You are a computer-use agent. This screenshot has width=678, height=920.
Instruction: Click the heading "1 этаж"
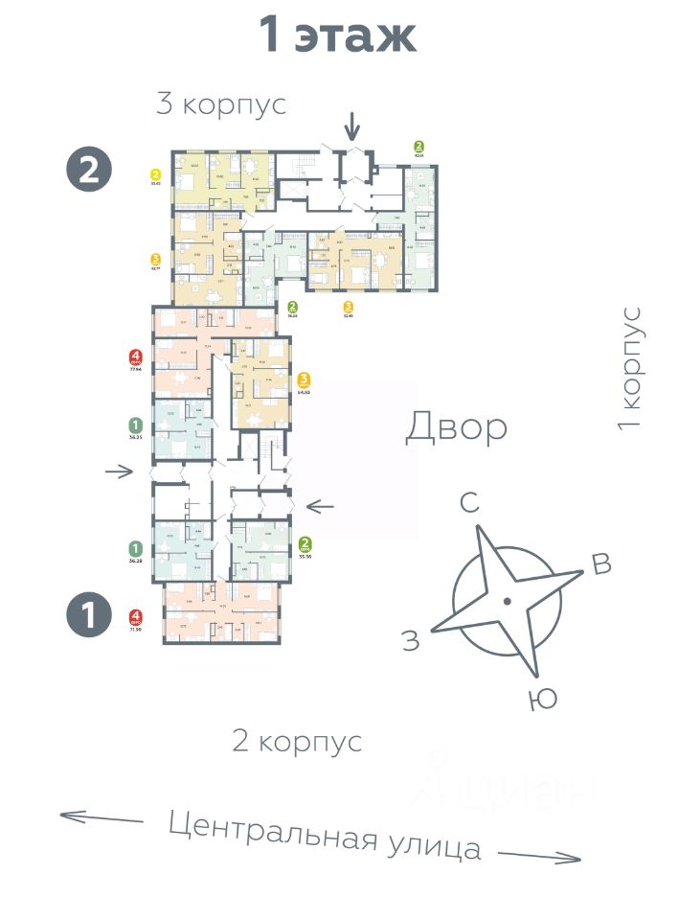pos(338,36)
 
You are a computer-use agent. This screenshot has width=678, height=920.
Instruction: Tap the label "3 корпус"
pos(221,104)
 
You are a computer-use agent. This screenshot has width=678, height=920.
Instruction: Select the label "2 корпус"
pos(297,741)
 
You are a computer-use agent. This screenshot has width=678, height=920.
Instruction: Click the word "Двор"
pos(456,426)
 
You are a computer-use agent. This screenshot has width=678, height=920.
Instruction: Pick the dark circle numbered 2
pos(89,171)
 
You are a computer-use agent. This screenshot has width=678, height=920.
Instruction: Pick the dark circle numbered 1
pos(89,615)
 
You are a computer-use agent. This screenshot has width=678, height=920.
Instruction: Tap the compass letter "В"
pos(600,564)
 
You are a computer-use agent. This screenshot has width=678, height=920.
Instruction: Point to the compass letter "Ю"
pos(542,700)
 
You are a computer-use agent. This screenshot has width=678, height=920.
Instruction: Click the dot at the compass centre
pos(508,601)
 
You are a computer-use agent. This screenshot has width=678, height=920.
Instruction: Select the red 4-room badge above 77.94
pos(136,359)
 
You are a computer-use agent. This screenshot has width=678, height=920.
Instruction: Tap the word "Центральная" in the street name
pos(270,831)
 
